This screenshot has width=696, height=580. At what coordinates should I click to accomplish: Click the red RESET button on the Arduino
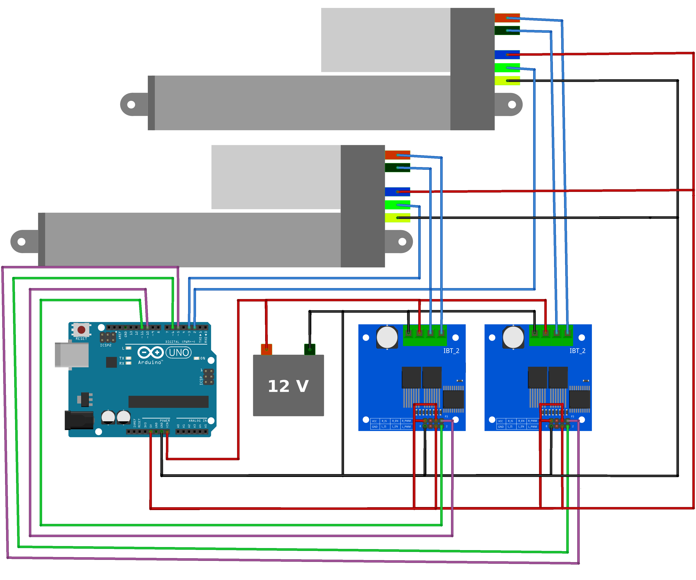(x=81, y=330)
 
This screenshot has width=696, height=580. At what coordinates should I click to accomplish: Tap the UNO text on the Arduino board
(x=179, y=352)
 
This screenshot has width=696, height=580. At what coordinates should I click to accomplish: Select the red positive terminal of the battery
(x=267, y=349)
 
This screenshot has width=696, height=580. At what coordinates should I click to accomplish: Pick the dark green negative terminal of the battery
(x=309, y=349)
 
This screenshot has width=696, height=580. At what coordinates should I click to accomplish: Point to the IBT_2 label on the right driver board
(x=577, y=351)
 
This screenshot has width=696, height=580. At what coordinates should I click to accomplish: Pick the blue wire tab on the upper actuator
(x=507, y=54)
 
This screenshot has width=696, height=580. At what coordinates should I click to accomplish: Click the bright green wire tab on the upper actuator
(x=507, y=68)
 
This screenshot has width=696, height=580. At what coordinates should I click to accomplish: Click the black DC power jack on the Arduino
(x=79, y=420)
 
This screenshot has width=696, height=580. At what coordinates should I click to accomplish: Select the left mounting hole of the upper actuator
(x=131, y=104)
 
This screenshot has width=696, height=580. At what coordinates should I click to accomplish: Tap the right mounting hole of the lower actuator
(x=402, y=242)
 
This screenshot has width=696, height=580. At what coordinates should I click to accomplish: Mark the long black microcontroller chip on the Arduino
(x=168, y=402)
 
